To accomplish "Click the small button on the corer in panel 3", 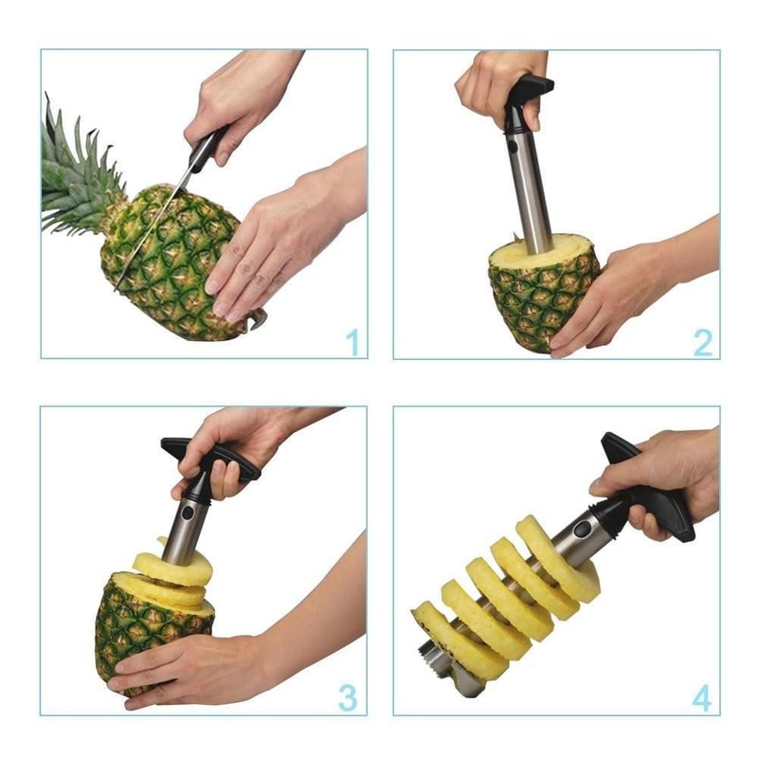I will click(x=188, y=513).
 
